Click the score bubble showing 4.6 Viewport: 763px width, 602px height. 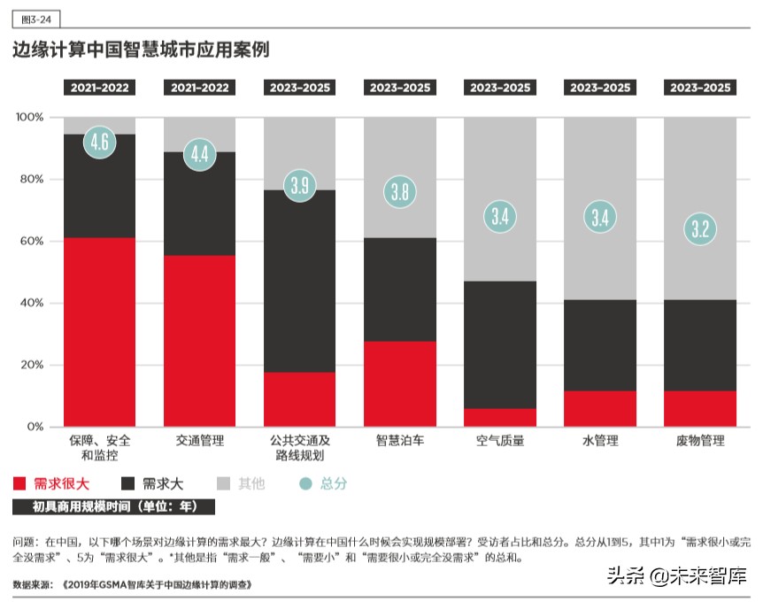[100, 142]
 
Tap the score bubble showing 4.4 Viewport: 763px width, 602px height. [200, 154]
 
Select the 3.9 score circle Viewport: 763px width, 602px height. [300, 185]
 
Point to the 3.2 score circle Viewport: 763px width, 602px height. [700, 229]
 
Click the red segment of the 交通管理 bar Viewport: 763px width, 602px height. [200, 341]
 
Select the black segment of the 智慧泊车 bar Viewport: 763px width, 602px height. [400, 289]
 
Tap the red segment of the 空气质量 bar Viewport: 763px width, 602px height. [500, 417]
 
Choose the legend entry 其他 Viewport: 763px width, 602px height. [241, 483]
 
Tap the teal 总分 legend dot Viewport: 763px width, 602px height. [306, 483]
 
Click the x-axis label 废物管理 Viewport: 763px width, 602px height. [700, 440]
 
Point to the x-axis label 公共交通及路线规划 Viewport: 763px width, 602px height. [300, 448]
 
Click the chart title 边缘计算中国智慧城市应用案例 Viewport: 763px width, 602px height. [141, 50]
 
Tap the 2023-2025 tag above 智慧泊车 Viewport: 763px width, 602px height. [400, 88]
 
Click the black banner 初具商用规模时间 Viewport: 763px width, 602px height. [112, 507]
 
